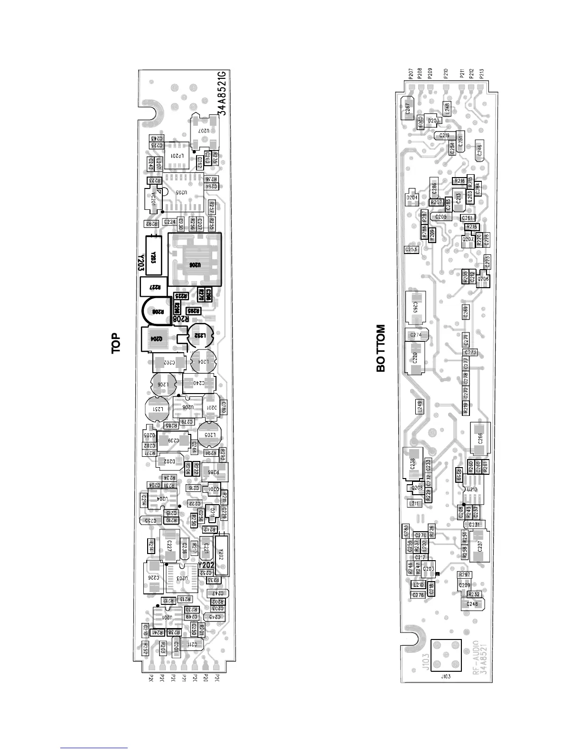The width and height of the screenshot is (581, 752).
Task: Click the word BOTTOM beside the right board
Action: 381,348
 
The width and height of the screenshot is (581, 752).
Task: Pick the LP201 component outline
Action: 175,156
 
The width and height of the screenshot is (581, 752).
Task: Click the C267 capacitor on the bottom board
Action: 407,110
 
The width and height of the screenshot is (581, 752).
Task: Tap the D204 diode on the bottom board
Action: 412,197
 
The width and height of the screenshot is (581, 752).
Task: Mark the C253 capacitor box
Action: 411,249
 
